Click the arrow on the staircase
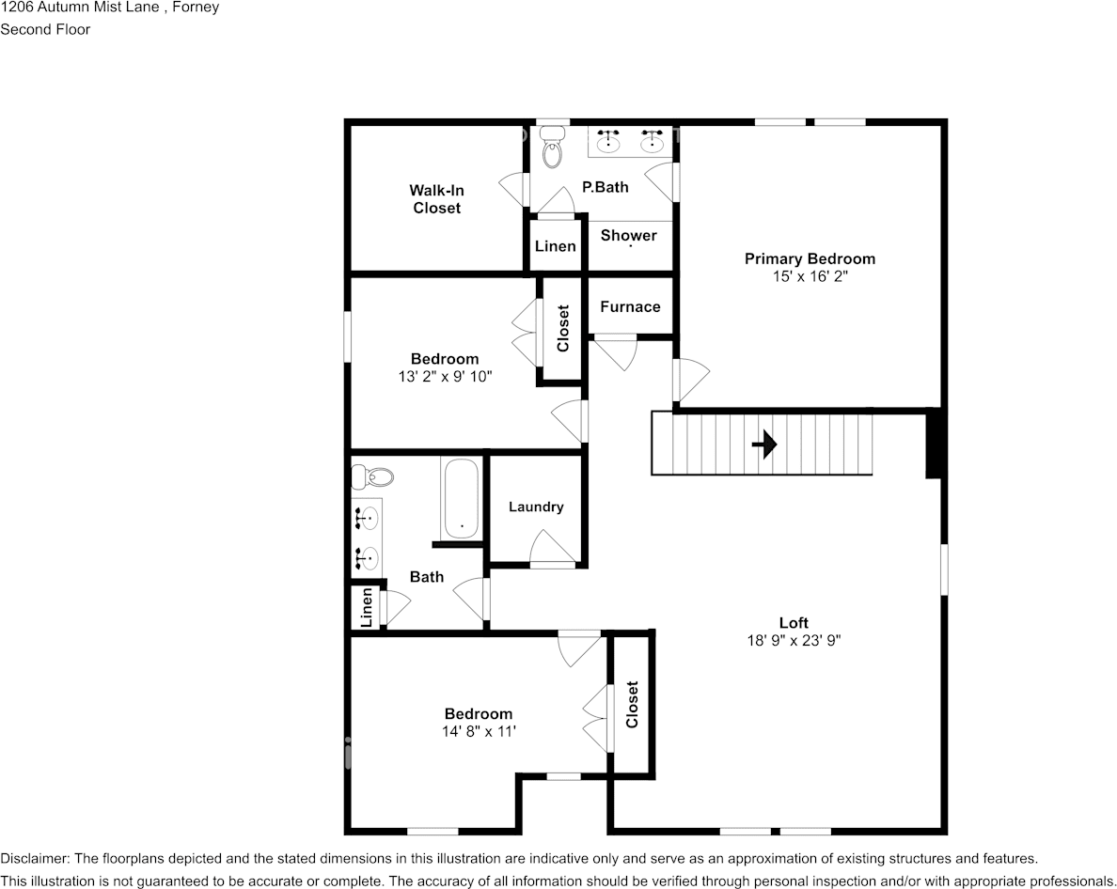[x=764, y=444]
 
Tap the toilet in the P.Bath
[x=552, y=150]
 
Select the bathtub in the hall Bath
[x=461, y=498]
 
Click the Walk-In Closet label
[x=436, y=199]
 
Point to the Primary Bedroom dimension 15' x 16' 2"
[x=810, y=277]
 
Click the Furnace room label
[x=630, y=306]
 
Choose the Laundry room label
[x=536, y=507]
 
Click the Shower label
[x=628, y=235]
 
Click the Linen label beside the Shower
[x=555, y=246]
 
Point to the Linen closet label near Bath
[x=366, y=608]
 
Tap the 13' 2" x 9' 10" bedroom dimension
[x=445, y=377]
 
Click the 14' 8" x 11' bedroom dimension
[x=479, y=732]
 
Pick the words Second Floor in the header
[x=45, y=29]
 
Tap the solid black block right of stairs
[x=934, y=444]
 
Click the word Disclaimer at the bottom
[x=34, y=859]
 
